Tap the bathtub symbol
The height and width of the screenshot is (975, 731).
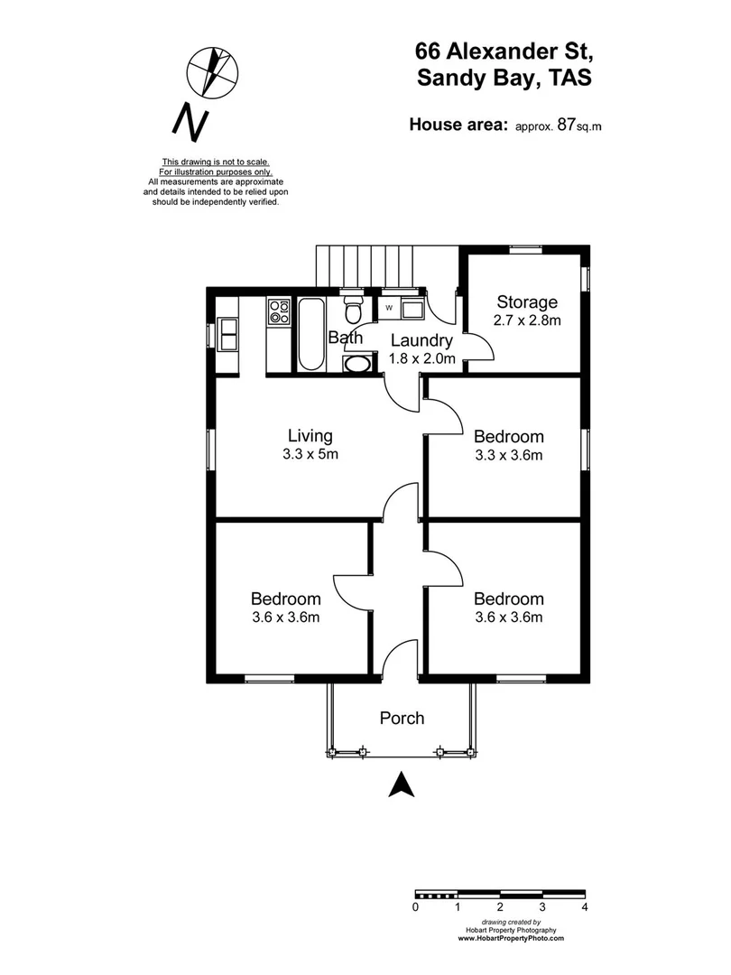[310, 333]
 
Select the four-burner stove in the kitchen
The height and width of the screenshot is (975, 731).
[278, 311]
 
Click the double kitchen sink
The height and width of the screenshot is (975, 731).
[227, 333]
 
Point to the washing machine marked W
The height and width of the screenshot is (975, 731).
[389, 309]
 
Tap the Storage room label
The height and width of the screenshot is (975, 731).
[527, 302]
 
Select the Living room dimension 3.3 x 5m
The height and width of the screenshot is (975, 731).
[310, 454]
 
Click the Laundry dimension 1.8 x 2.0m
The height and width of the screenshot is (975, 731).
[420, 358]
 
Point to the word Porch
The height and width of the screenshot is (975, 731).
[402, 719]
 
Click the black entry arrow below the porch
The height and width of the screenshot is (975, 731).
[401, 785]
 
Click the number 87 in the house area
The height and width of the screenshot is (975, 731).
[567, 125]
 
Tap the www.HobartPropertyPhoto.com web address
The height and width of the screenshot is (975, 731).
[511, 939]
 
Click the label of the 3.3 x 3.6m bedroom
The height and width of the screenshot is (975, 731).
[509, 437]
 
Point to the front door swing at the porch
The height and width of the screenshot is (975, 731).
[400, 657]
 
